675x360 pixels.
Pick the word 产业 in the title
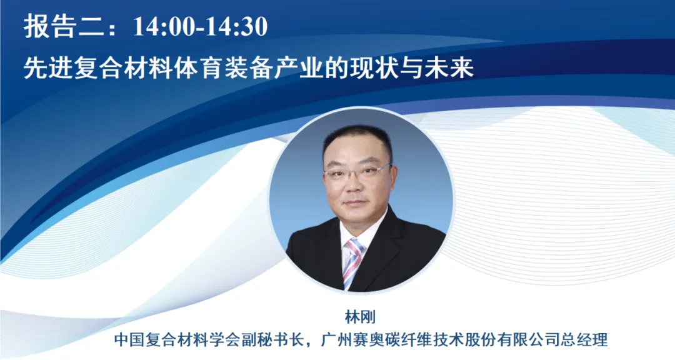(x=298, y=69)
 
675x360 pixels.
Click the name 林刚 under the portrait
(x=361, y=317)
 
